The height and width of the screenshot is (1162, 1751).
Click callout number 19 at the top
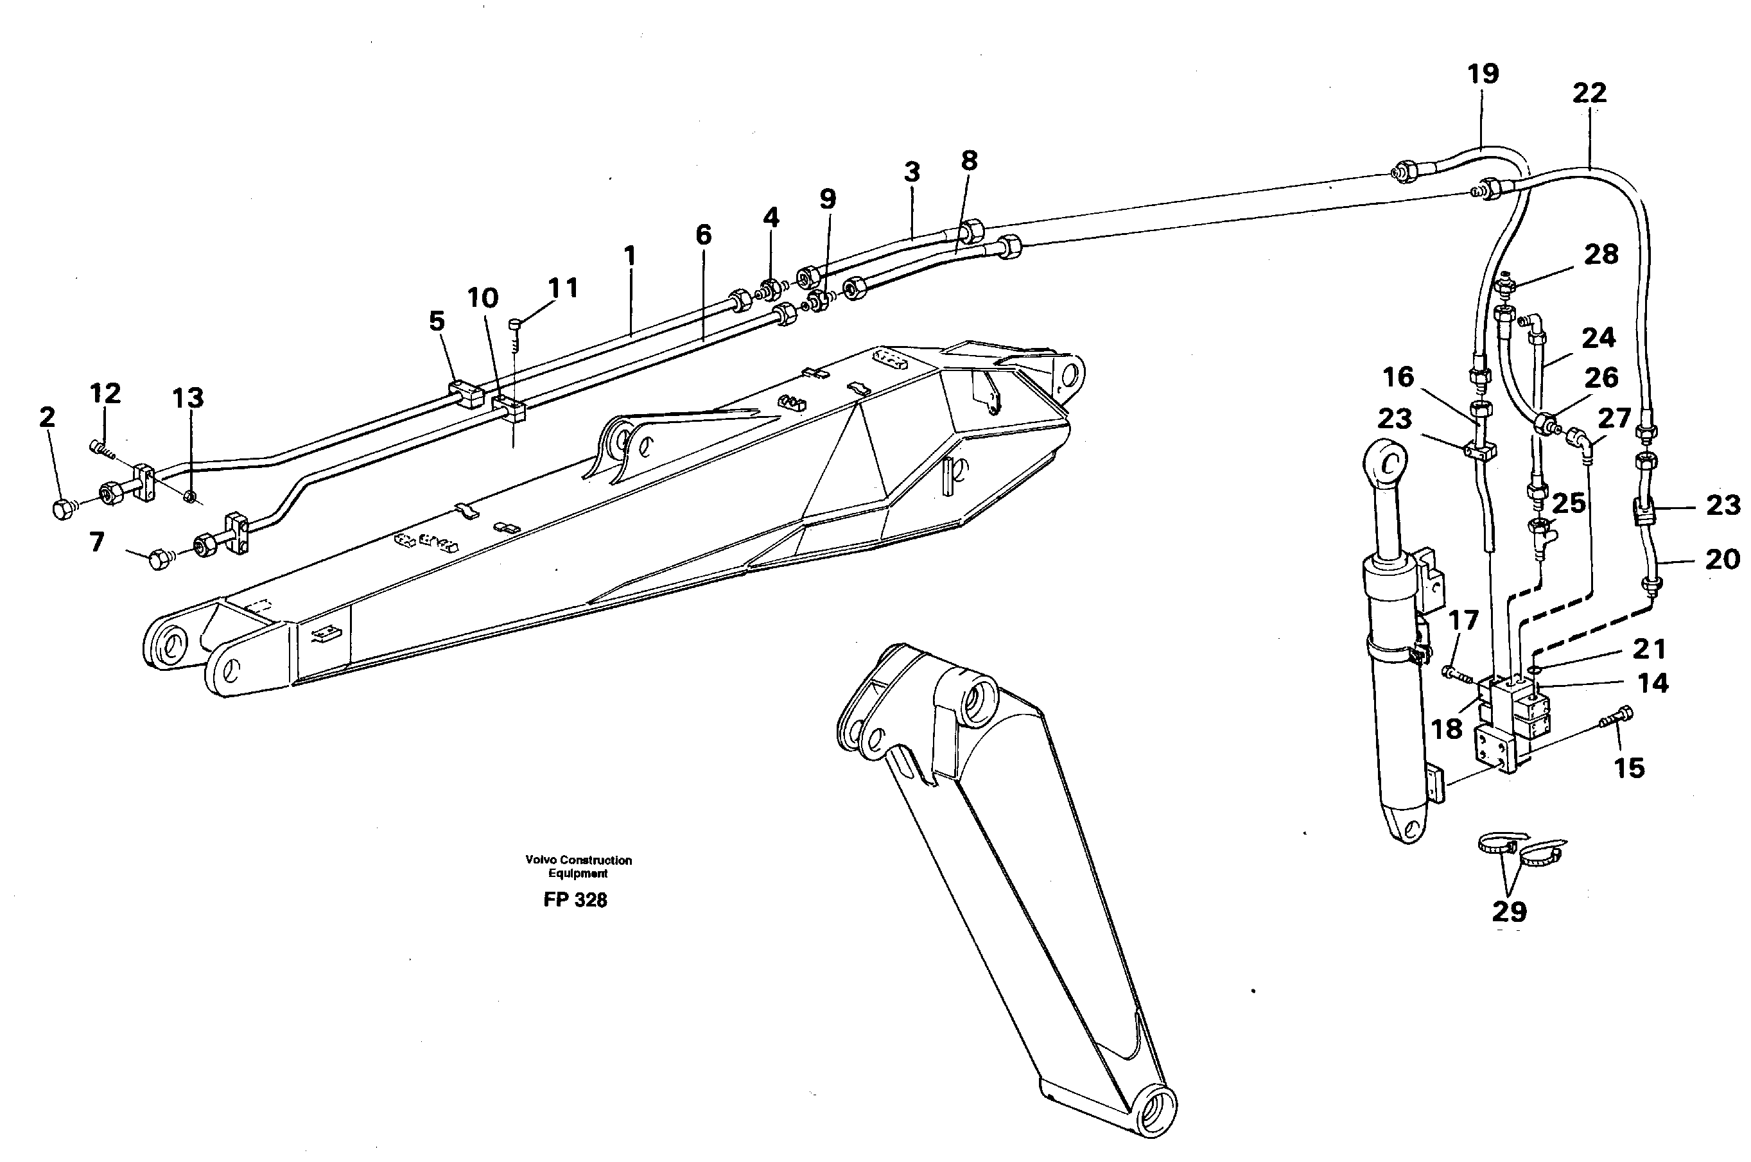(x=1483, y=74)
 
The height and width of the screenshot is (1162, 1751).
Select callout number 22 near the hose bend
(x=1589, y=93)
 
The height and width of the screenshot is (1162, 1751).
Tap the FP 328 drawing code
(x=575, y=899)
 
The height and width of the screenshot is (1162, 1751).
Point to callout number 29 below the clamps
(x=1510, y=911)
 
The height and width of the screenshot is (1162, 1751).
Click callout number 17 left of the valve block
(x=1463, y=620)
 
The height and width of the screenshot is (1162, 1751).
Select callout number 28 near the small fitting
(x=1601, y=255)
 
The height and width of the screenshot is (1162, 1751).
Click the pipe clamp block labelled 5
(x=466, y=394)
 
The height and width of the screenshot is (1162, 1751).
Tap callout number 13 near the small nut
(x=187, y=399)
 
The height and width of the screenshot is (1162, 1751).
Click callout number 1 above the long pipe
(x=629, y=256)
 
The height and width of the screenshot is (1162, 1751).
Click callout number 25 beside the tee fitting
(x=1569, y=503)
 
